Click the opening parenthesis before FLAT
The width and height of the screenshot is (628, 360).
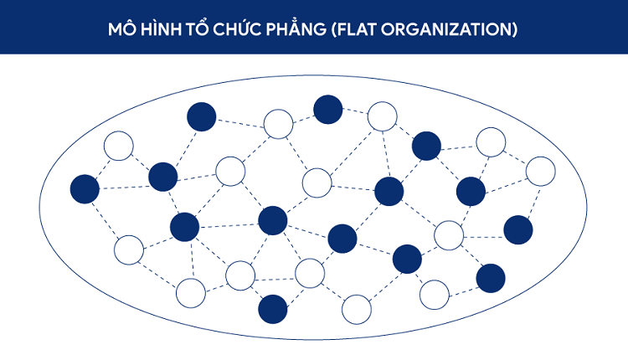[333, 29]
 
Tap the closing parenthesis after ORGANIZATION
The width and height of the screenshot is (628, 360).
[515, 29]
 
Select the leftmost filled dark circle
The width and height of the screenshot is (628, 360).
[85, 189]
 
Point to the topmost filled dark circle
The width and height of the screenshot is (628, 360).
[328, 110]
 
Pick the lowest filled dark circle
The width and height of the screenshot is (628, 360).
[273, 309]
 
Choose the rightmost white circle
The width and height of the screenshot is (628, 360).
[541, 172]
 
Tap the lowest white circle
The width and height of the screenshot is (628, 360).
[357, 310]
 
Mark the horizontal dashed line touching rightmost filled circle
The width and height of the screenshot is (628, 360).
[483, 237]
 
